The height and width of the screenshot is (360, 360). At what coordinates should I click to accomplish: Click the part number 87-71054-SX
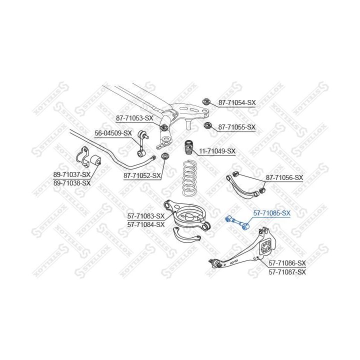[237, 102]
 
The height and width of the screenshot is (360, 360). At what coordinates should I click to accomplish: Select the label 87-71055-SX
[236, 127]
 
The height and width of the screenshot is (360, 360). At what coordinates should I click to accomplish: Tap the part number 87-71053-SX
[134, 118]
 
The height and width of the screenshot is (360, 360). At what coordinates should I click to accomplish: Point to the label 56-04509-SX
[113, 133]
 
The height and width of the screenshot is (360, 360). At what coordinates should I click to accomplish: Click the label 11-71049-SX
[217, 151]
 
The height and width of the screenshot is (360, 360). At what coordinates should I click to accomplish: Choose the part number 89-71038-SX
[72, 183]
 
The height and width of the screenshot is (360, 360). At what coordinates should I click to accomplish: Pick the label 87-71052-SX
[142, 176]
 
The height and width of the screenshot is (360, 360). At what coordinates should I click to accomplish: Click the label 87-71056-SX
[284, 177]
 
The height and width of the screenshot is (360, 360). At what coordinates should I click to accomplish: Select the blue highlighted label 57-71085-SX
[272, 213]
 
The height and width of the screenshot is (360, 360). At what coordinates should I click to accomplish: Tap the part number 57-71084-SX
[146, 224]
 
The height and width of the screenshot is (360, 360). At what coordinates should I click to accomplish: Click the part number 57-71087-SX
[287, 272]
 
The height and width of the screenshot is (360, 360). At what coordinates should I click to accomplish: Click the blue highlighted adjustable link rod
[237, 222]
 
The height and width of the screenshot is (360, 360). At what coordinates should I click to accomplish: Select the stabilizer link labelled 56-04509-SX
[142, 144]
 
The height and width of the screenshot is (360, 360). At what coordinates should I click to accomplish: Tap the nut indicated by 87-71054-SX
[205, 101]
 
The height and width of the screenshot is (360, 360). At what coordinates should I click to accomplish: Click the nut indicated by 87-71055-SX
[207, 125]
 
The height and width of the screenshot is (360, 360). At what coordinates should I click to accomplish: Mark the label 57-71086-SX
[287, 263]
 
